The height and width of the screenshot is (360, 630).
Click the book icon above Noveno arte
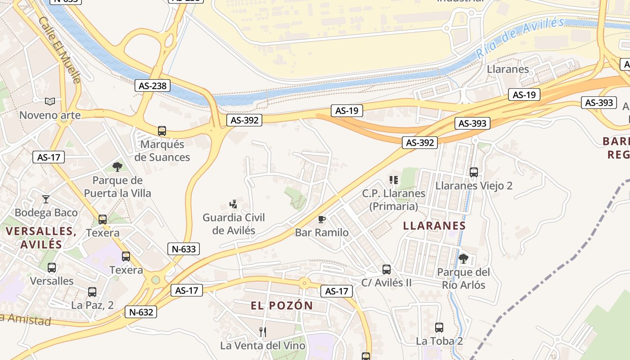(49, 102)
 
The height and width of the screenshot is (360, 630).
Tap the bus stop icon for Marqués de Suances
(162, 131)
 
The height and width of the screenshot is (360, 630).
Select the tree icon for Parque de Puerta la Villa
(117, 167)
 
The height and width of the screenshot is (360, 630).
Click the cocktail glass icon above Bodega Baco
(46, 199)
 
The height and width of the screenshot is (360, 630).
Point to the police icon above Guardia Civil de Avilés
(233, 204)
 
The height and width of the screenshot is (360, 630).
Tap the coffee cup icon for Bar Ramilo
(321, 219)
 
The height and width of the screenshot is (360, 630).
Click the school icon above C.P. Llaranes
(394, 180)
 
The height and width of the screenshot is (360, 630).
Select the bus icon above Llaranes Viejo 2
(473, 172)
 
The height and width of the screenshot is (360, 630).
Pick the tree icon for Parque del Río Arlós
(463, 259)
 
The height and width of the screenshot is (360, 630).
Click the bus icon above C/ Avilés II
(386, 270)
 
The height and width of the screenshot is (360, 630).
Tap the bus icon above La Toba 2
(439, 328)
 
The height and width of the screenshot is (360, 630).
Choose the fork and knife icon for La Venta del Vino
(263, 332)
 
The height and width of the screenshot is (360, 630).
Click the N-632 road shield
(141, 312)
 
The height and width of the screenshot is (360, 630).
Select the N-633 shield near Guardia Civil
(184, 249)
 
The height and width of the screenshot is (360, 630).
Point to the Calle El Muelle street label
(60, 50)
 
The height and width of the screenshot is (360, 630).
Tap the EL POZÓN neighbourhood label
(282, 306)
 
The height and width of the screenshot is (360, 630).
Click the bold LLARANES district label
(434, 225)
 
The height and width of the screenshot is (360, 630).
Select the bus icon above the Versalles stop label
(52, 268)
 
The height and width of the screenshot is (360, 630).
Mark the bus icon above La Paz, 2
(92, 292)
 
